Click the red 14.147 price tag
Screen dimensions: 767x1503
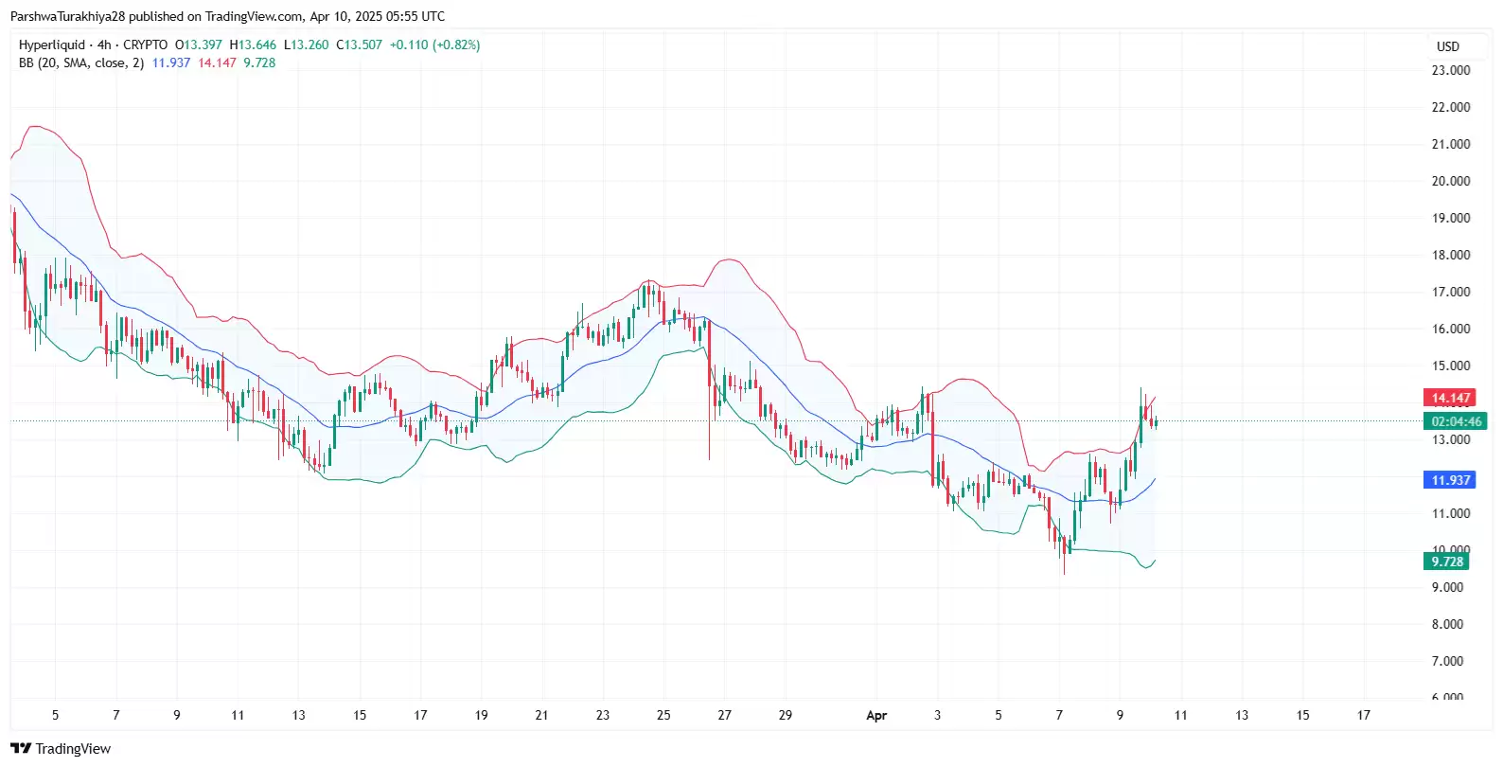coord(1450,398)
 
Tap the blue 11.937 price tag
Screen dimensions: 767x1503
coord(1450,480)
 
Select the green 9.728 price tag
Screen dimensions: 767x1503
coord(1447,562)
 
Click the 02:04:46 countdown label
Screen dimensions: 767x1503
coord(1456,421)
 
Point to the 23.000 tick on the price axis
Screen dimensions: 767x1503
coord(1450,70)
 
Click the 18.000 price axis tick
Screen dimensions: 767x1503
coord(1450,255)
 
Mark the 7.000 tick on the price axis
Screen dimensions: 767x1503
coord(1447,661)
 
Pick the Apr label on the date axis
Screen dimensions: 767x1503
coord(876,716)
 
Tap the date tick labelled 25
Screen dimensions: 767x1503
coord(663,715)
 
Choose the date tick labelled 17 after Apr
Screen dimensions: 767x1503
coord(1363,715)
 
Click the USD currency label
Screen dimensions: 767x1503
coord(1447,46)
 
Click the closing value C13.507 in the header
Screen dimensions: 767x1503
coord(360,45)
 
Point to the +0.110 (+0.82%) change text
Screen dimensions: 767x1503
coord(434,45)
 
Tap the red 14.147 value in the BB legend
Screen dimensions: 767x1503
coord(217,62)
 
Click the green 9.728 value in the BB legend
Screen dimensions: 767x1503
coord(259,62)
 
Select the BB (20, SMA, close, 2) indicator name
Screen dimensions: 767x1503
coord(81,62)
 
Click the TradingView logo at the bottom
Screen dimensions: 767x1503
coord(61,749)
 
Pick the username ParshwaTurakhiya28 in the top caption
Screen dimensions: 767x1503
coord(67,16)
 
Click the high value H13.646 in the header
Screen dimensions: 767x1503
coord(253,45)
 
